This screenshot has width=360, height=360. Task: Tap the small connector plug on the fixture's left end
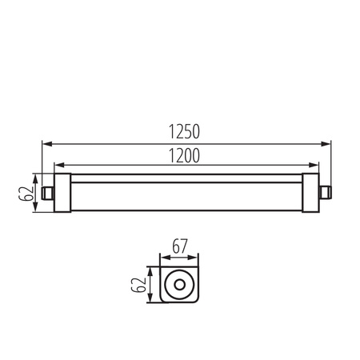click(x=47, y=192)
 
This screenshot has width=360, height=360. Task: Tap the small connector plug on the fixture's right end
click(x=323, y=192)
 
